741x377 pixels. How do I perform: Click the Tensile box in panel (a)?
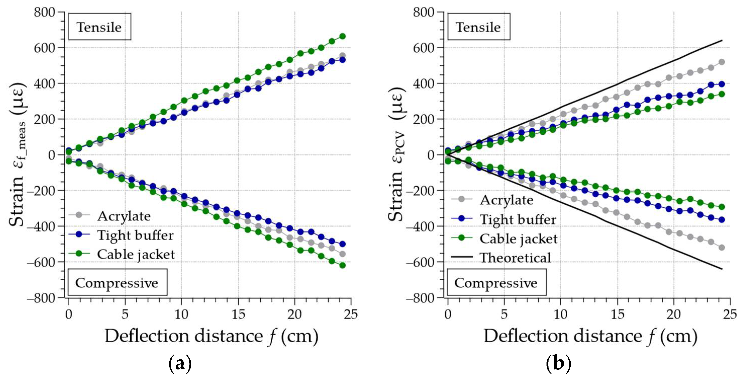pyautogui.click(x=100, y=27)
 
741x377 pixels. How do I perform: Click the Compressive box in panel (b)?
pyautogui.click(x=496, y=283)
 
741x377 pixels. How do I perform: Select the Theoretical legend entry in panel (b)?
pyautogui.click(x=515, y=257)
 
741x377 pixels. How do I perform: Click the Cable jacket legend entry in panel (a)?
pyautogui.click(x=136, y=254)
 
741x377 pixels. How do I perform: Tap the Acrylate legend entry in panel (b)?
pyautogui.click(x=506, y=200)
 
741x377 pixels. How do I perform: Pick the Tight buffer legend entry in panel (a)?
pyautogui.click(x=135, y=235)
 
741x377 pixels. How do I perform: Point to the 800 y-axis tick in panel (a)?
pyautogui.click(x=44, y=12)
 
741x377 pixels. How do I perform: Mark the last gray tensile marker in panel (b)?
pyautogui.click(x=721, y=62)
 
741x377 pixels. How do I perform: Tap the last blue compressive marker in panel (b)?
pyautogui.click(x=721, y=220)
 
